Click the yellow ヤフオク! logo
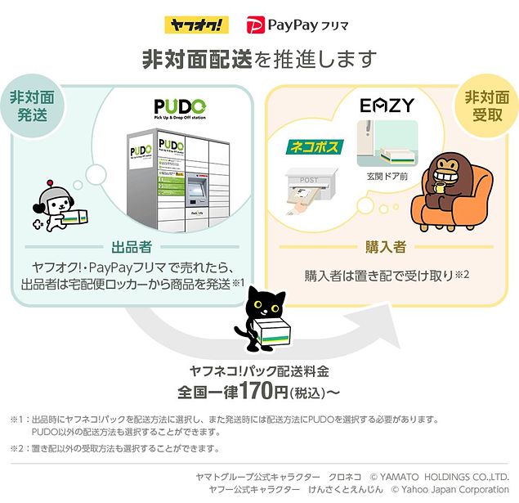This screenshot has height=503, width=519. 197,25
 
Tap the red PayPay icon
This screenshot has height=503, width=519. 256,25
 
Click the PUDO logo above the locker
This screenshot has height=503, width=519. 180,109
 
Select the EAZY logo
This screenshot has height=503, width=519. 387,106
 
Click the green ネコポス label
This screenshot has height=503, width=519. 315,147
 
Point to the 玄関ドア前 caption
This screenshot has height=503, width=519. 387,177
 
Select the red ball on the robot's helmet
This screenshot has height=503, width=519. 50,182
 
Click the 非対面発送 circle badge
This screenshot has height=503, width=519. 32,106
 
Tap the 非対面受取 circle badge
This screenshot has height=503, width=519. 487,106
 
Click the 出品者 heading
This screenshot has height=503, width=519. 132,247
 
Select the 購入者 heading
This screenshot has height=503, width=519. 386,247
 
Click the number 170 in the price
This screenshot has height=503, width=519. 257,391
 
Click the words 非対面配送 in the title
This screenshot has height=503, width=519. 197,60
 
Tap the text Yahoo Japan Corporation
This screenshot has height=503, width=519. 454,489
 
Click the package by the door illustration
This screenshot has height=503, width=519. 396,156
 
